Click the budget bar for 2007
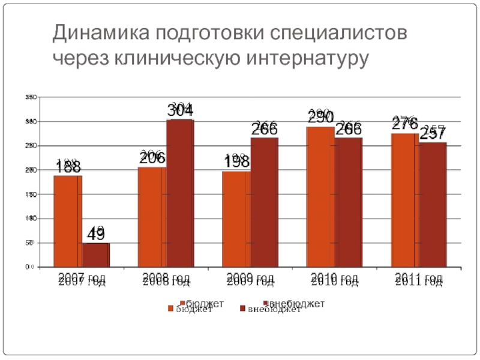click(67, 221)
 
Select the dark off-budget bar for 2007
click(96, 254)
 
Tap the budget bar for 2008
click(152, 217)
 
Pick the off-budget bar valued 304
click(180, 193)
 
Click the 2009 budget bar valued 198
click(236, 218)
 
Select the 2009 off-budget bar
click(265, 202)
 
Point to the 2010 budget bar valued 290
click(320, 196)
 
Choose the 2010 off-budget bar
click(349, 202)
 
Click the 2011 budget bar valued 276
click(405, 200)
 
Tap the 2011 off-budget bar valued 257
click(433, 204)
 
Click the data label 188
click(69, 167)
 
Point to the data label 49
click(95, 235)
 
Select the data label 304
click(180, 111)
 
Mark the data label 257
click(432, 134)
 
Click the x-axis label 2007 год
click(82, 280)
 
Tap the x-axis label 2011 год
click(419, 280)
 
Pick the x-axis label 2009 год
click(251, 280)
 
